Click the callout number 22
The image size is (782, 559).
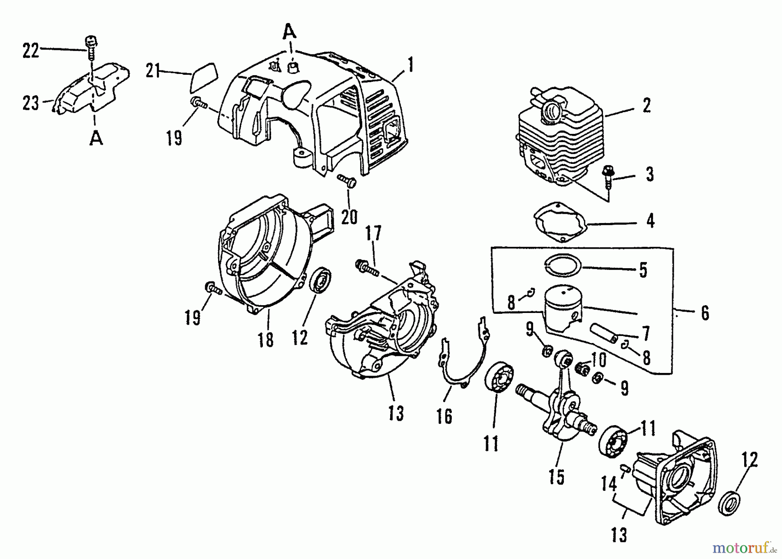pos(30,51)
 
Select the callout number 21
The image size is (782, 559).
pos(153,71)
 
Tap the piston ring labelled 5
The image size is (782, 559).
pos(563,264)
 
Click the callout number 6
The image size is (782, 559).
pos(705,313)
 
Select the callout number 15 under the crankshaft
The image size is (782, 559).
pos(556,477)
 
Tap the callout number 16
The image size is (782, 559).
pos(444,416)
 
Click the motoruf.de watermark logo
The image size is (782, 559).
pos(744,547)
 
